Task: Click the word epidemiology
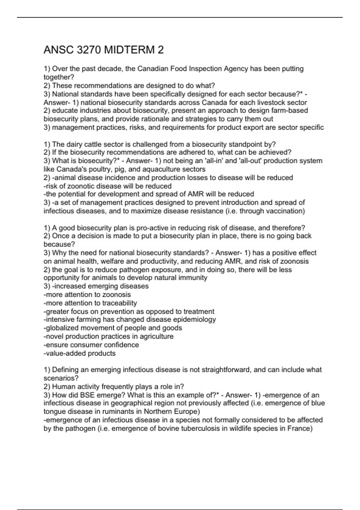(x=194, y=319)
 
